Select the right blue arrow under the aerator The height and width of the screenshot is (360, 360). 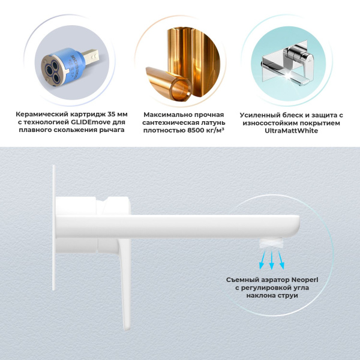283,260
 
